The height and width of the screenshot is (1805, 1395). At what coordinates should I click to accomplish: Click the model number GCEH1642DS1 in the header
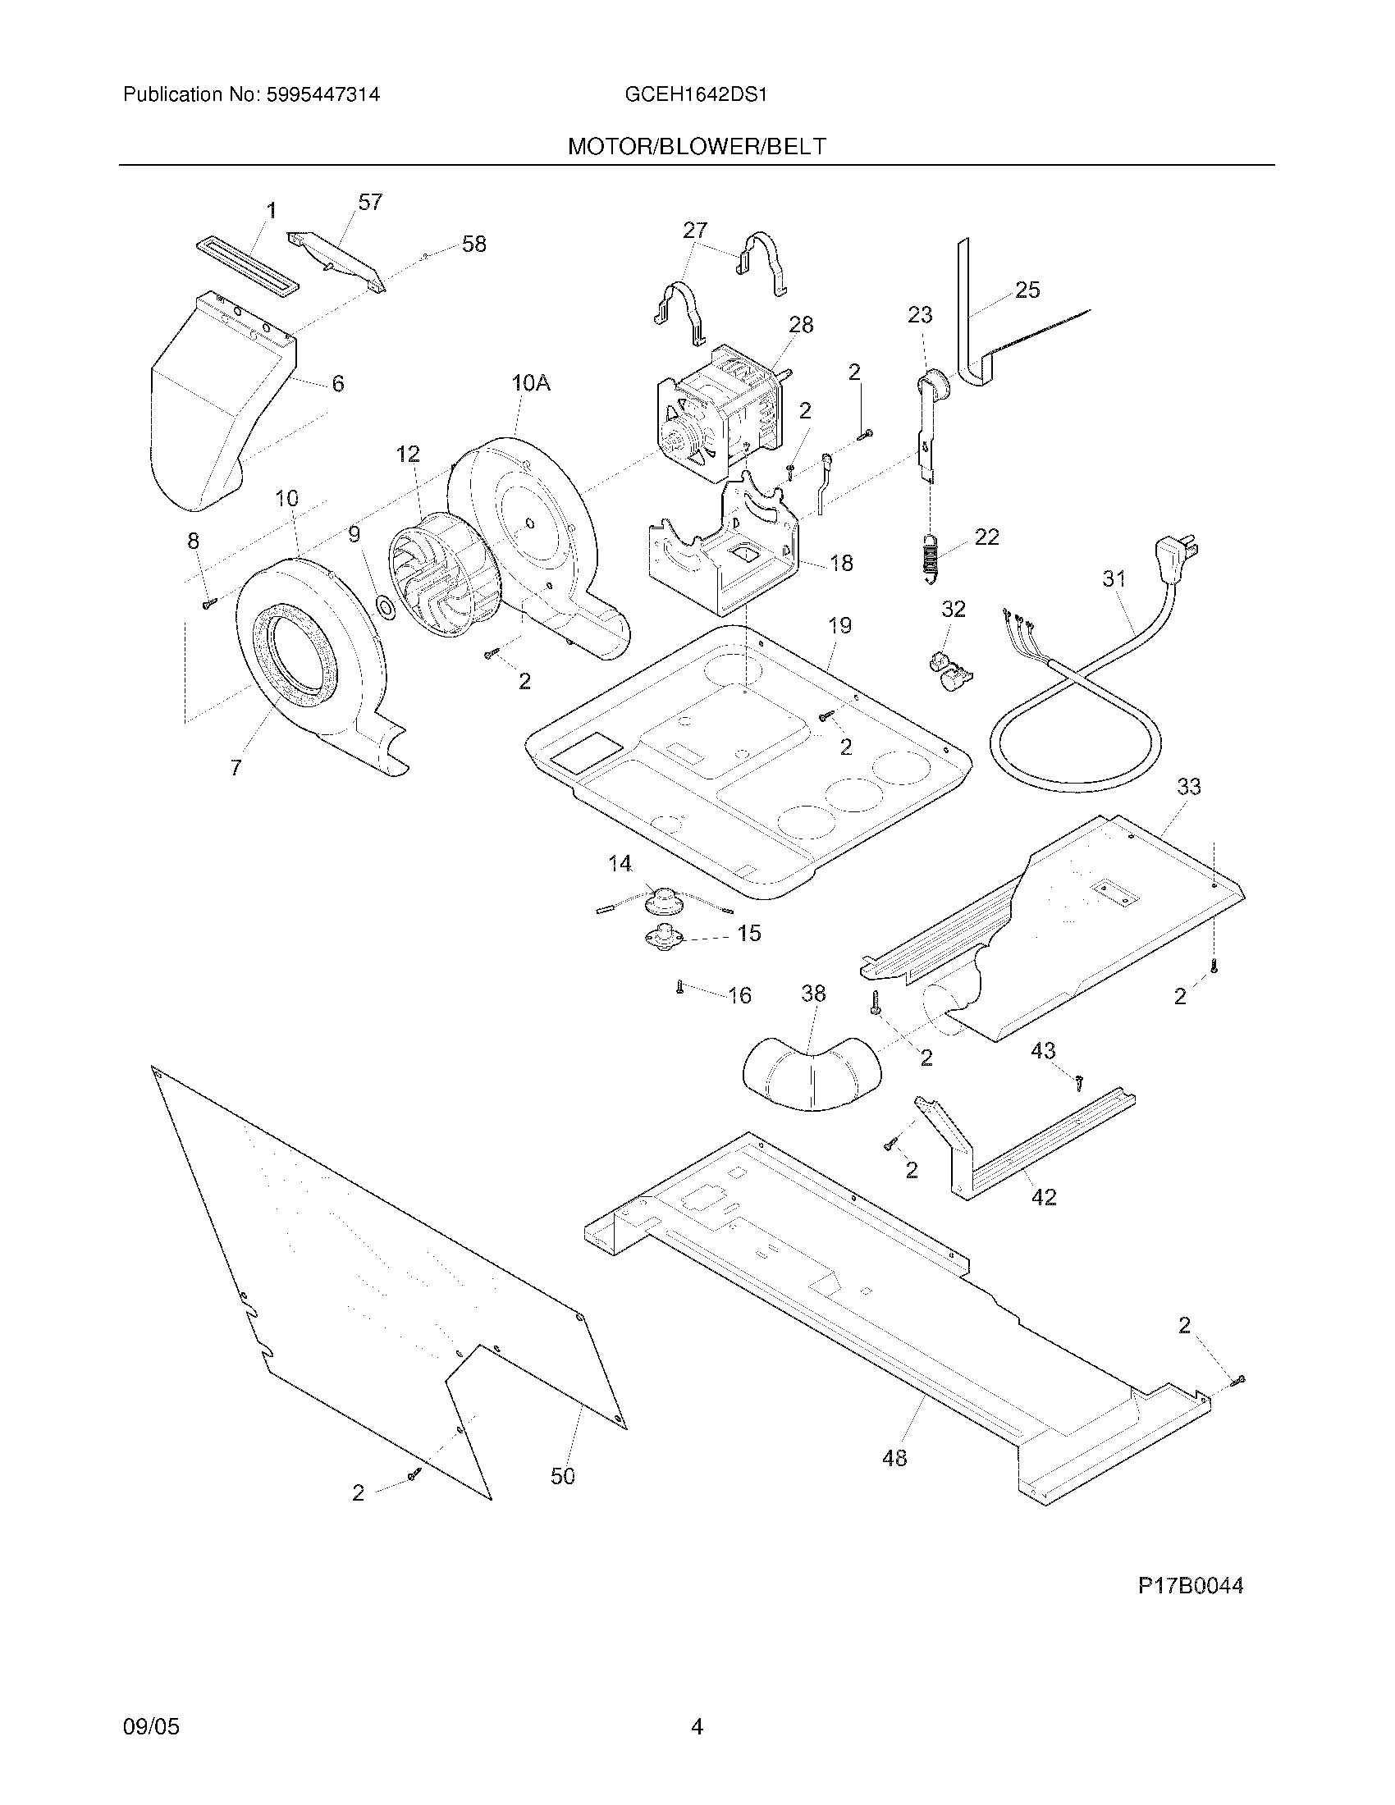coord(696,94)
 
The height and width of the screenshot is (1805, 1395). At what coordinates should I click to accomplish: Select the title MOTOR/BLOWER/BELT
coord(696,147)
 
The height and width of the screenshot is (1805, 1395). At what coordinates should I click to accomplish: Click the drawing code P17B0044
coord(1190,1585)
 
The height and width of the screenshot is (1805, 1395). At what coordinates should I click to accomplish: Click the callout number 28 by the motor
coord(801,325)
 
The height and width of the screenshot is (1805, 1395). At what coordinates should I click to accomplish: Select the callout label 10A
coord(531,382)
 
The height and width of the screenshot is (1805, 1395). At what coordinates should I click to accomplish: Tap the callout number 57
coord(370,203)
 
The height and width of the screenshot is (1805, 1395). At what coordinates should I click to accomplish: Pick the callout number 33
coord(1188,787)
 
